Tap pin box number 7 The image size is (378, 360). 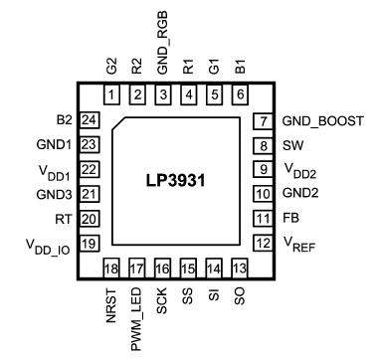click(264, 120)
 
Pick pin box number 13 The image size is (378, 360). click(239, 269)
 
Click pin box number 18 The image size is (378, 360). click(111, 269)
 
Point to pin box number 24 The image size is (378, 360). click(90, 120)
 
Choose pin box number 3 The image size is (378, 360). click(162, 94)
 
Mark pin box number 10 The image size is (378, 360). click(264, 193)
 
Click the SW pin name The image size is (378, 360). click(292, 145)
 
